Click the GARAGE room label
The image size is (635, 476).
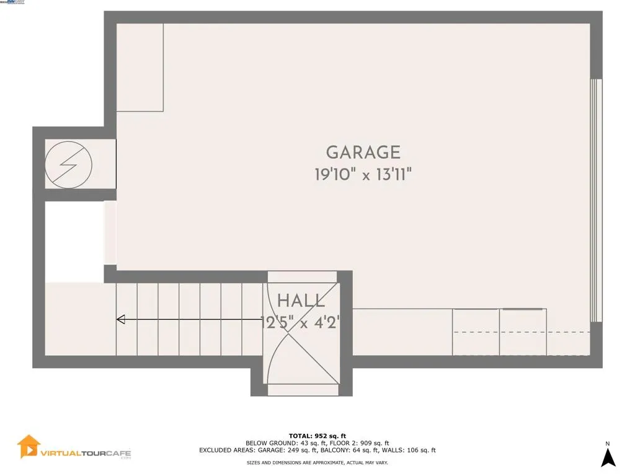click(363, 152)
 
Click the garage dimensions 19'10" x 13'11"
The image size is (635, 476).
click(363, 175)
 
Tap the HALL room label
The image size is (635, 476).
click(301, 302)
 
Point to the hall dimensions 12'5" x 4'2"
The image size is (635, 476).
click(301, 322)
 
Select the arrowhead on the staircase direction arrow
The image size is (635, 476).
click(121, 320)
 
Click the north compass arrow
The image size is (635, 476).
click(608, 457)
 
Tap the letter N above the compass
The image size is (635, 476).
click(608, 443)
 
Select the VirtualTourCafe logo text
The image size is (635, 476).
click(86, 454)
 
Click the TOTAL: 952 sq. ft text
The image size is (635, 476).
click(317, 436)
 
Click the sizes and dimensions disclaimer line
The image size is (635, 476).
click(317, 462)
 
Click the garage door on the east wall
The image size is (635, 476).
click(595, 200)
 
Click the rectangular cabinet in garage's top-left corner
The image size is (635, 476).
click(140, 67)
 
